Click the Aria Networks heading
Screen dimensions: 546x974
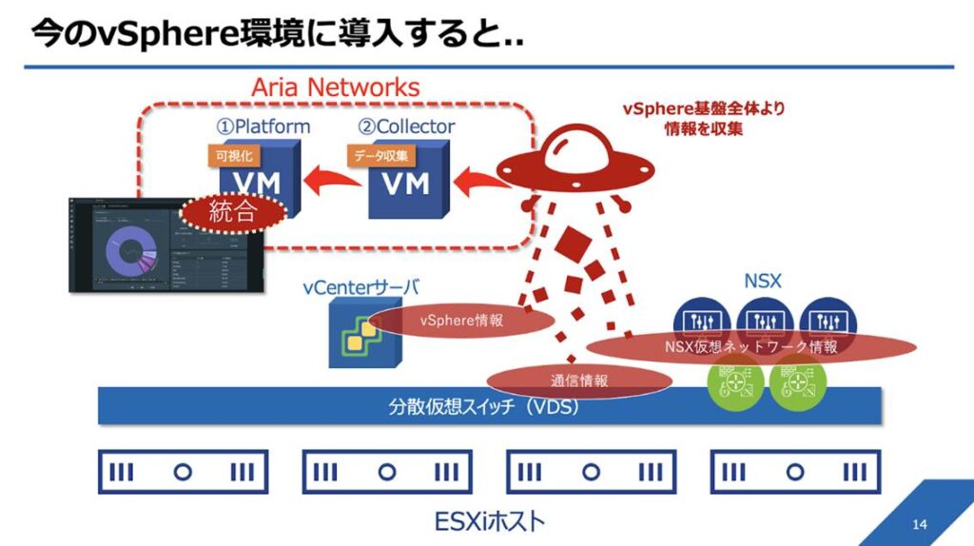[335, 88]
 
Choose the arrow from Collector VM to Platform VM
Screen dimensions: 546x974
[332, 178]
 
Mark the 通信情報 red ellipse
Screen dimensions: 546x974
[580, 381]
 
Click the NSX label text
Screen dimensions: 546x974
[763, 283]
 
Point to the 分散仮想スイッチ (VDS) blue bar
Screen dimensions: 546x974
[485, 407]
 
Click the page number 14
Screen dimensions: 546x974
[919, 525]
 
